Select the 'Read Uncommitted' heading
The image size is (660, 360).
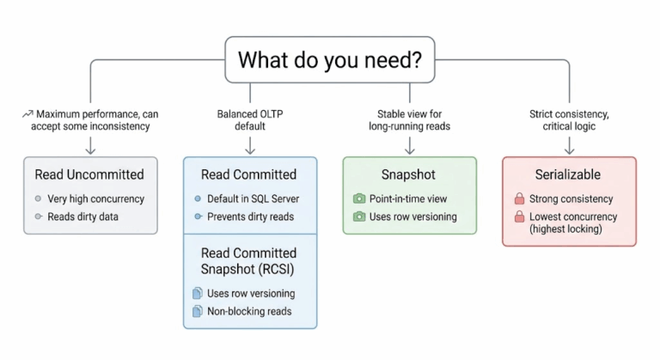click(89, 174)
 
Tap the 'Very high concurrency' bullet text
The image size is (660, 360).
click(96, 198)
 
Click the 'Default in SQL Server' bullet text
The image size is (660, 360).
click(253, 198)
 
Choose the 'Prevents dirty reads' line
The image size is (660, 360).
click(249, 216)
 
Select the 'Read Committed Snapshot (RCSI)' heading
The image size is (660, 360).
click(248, 260)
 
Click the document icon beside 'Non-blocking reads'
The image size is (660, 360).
click(196, 312)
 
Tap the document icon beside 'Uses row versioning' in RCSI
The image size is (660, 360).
click(196, 294)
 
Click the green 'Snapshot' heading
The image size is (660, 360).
click(408, 174)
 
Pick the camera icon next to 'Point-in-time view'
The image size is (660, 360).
click(359, 199)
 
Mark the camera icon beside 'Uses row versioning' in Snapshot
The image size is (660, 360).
click(359, 217)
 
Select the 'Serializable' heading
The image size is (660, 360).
click(569, 174)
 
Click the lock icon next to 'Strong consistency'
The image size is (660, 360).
click(518, 199)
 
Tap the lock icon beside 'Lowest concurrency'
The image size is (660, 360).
click(518, 217)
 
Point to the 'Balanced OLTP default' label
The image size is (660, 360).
click(250, 120)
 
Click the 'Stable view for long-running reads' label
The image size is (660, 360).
click(412, 120)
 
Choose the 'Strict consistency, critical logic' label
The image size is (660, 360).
click(569, 120)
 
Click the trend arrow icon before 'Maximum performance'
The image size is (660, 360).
click(27, 114)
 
